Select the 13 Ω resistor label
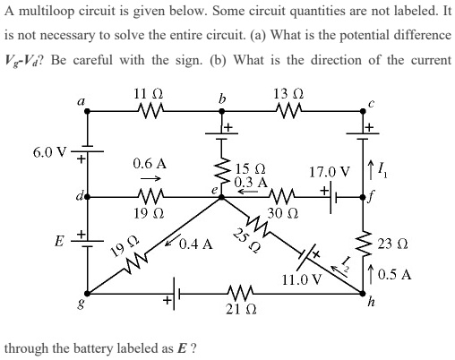(291, 95)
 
